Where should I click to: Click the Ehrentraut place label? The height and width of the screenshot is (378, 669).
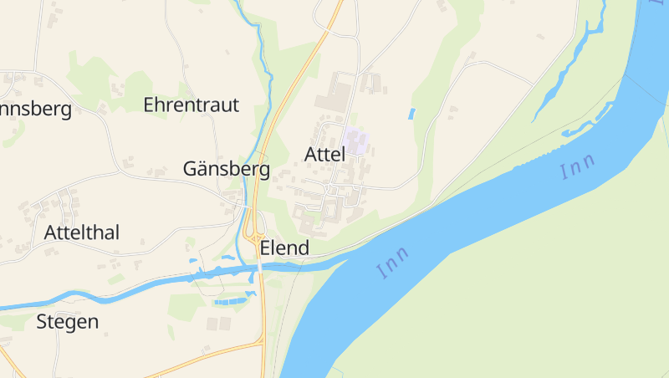191,105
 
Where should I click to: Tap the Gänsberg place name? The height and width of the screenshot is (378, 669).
226,170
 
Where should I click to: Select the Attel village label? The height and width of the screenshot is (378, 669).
324,155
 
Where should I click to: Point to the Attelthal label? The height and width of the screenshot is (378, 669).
82,232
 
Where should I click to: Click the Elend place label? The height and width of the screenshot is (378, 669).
284,248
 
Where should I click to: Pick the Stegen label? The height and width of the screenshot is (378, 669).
67,322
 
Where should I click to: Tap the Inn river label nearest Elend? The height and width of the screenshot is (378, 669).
392,263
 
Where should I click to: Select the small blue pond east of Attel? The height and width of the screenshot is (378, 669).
411,113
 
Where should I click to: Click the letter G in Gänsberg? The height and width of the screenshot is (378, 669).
191,170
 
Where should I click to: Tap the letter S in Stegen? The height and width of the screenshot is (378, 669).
42,322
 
